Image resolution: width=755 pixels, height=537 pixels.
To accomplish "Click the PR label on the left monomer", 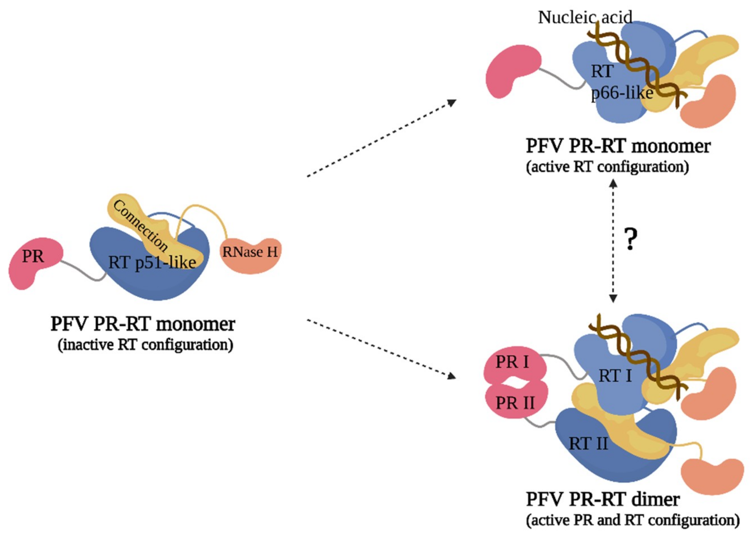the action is click(x=33, y=257).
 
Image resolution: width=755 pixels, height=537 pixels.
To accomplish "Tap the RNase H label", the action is click(x=250, y=252).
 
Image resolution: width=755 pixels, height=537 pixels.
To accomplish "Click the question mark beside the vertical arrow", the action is click(x=630, y=239).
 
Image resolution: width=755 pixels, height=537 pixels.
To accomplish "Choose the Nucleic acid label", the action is click(x=585, y=17).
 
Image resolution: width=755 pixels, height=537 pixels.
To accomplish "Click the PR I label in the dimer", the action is click(x=512, y=362).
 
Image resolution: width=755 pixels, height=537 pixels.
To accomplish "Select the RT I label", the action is click(x=615, y=376).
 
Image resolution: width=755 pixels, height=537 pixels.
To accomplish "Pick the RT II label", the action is click(x=588, y=444).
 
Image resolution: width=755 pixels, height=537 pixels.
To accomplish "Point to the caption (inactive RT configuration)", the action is click(x=146, y=345).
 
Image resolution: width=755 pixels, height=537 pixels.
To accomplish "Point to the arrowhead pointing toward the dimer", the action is click(x=452, y=376).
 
